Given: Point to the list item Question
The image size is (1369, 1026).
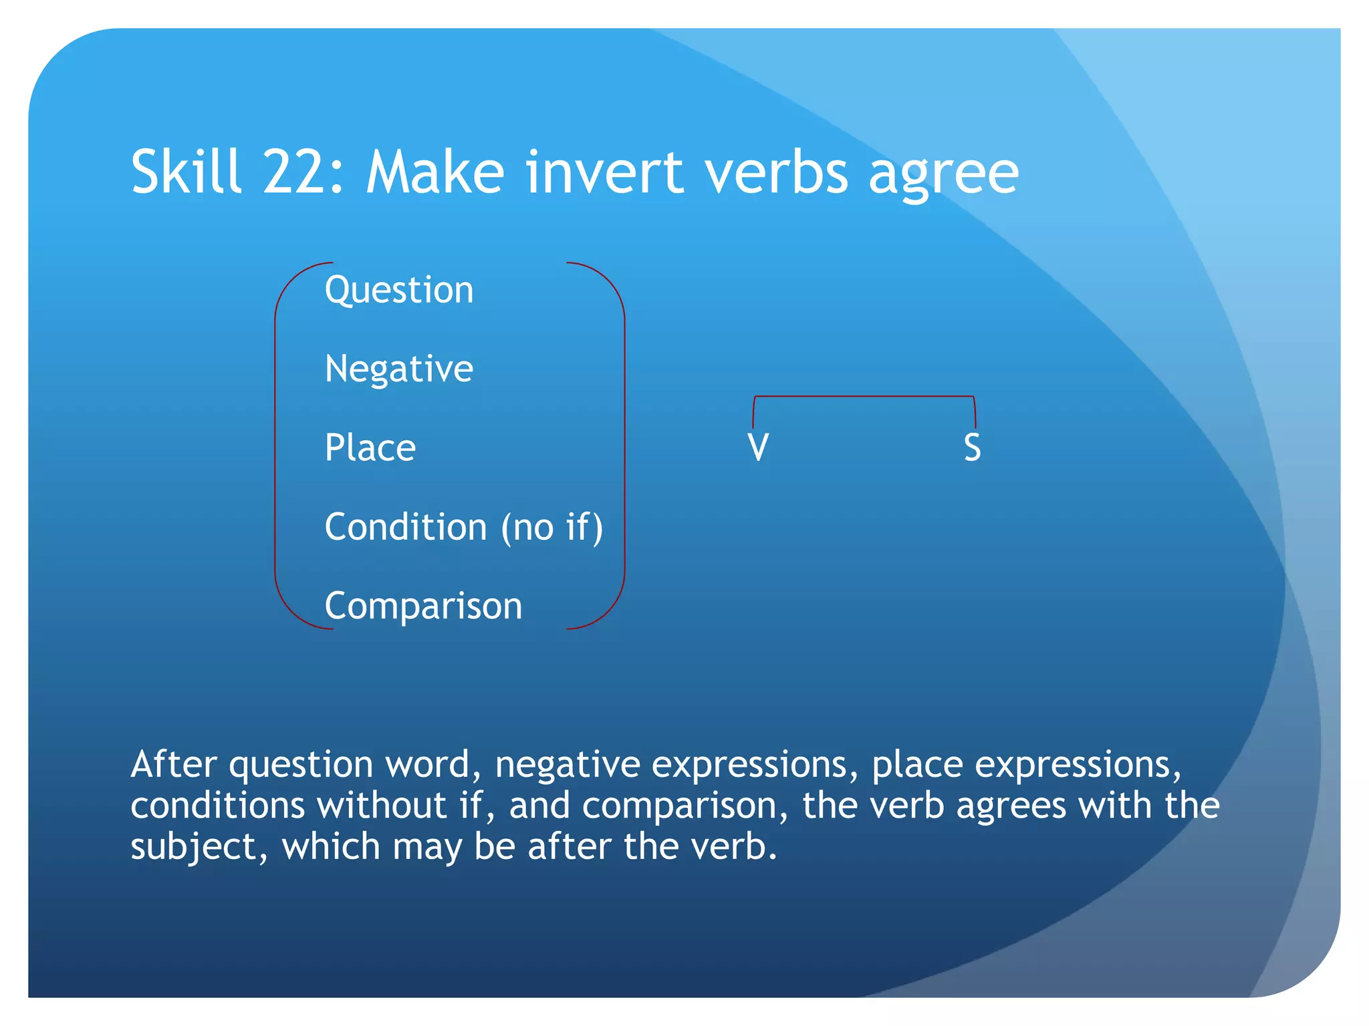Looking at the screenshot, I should pyautogui.click(x=399, y=291).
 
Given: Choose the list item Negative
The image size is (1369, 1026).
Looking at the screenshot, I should pyautogui.click(x=399, y=369).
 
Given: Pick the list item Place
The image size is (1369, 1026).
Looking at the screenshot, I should pyautogui.click(x=370, y=448).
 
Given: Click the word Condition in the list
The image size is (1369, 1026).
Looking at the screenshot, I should pyautogui.click(x=406, y=527).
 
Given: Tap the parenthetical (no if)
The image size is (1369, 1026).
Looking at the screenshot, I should pyautogui.click(x=552, y=527).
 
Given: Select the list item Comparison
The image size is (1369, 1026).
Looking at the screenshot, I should pyautogui.click(x=423, y=607).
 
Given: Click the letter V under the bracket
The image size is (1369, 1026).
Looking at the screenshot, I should pyautogui.click(x=759, y=448).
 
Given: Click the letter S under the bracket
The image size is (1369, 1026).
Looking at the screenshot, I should pyautogui.click(x=973, y=448).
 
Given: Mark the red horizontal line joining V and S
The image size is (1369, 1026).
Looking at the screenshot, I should pyautogui.click(x=864, y=397).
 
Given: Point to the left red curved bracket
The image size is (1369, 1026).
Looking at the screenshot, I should pyautogui.click(x=275, y=446).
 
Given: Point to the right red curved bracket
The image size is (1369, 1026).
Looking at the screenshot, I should pyautogui.click(x=624, y=446).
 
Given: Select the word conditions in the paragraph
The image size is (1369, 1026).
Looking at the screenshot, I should pyautogui.click(x=218, y=806).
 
